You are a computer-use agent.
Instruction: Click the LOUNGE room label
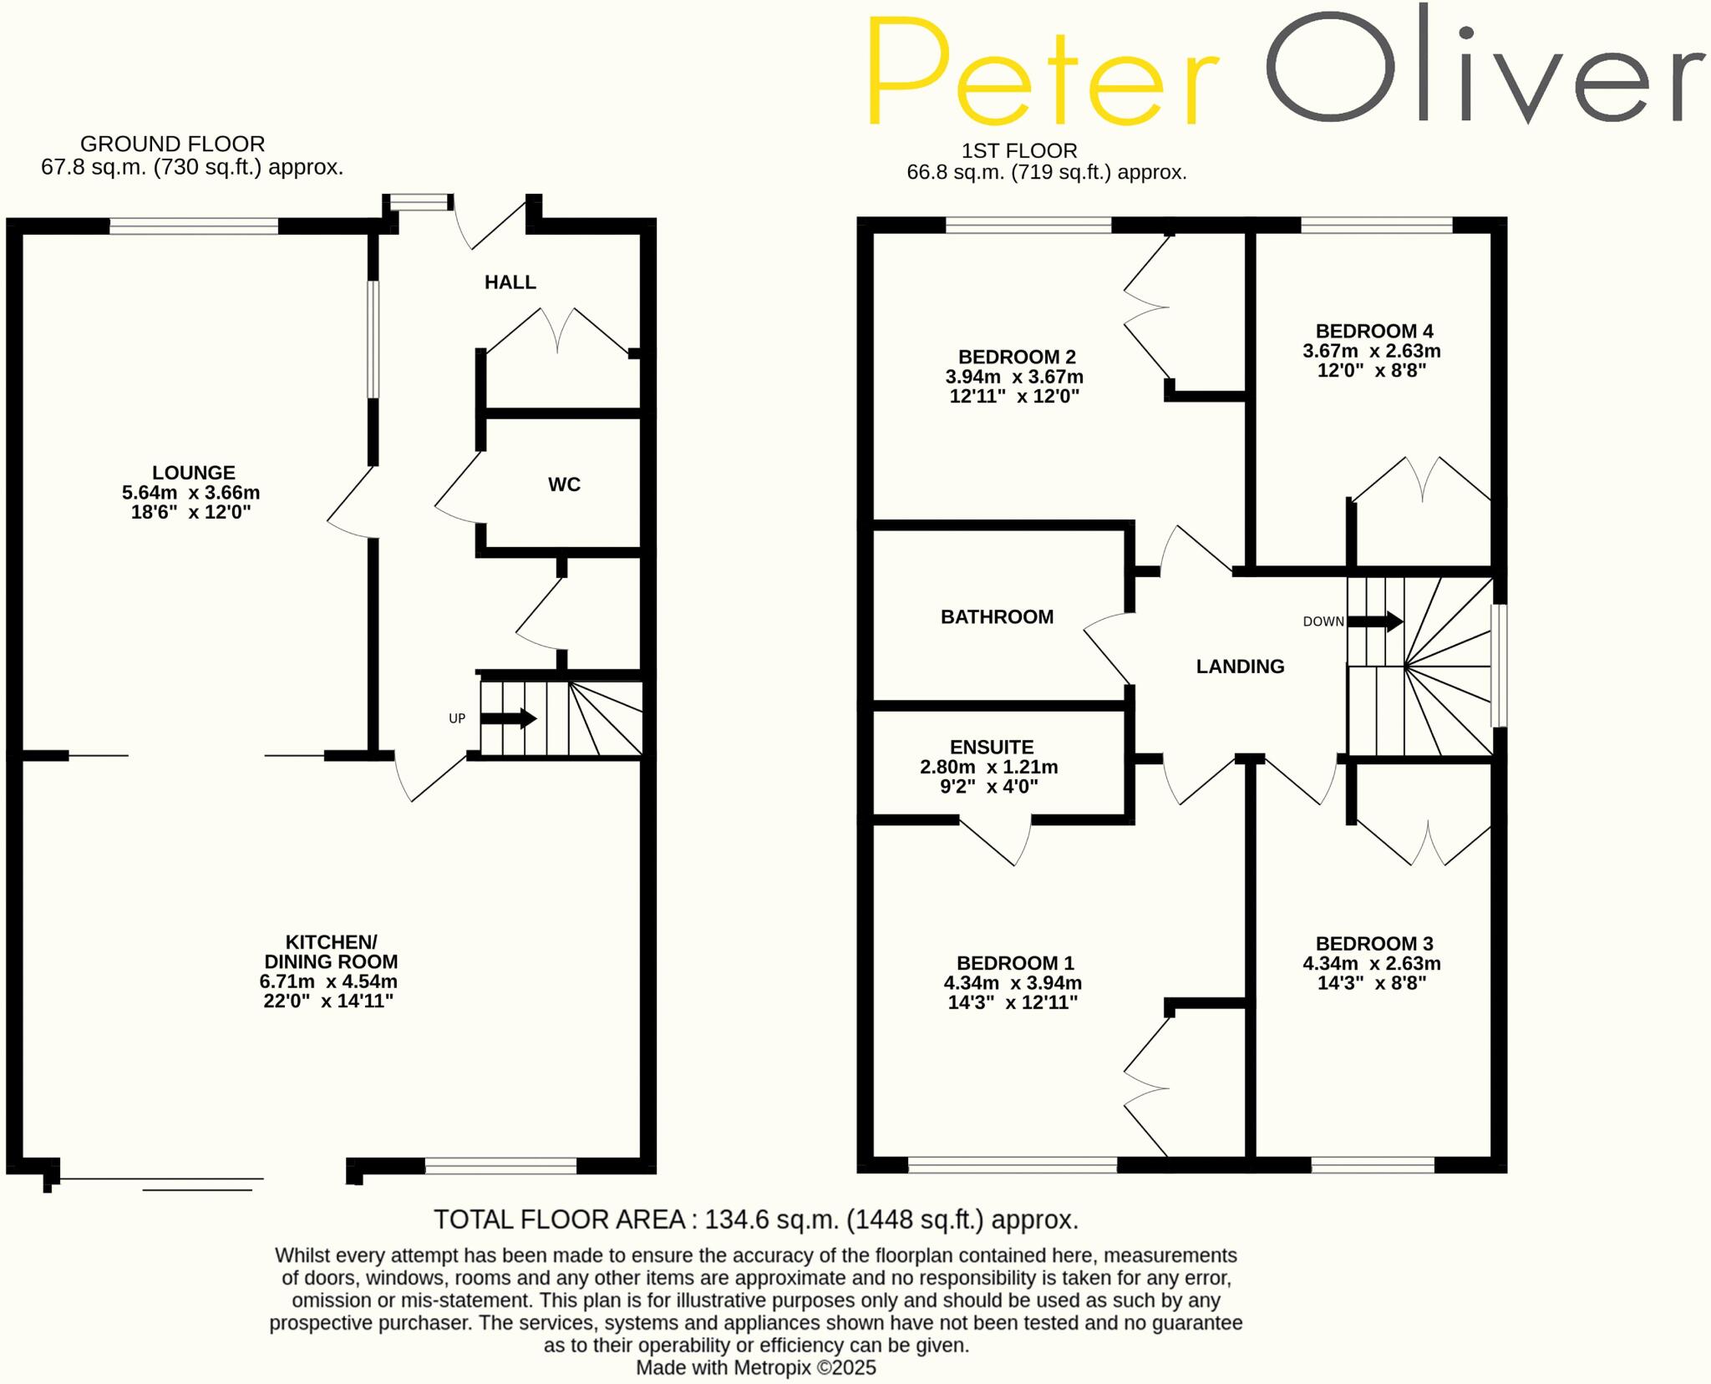[193, 473]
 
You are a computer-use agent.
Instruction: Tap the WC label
[564, 484]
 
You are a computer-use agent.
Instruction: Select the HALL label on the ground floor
[510, 282]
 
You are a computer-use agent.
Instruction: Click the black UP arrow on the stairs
[509, 717]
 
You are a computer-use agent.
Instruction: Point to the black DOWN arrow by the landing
[1375, 621]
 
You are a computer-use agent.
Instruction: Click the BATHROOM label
[997, 617]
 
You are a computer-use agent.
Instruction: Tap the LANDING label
[1240, 667]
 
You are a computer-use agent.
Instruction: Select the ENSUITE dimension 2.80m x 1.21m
[989, 767]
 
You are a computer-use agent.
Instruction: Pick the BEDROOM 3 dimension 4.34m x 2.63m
[1371, 963]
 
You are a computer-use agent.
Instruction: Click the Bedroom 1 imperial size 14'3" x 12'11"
[1013, 1002]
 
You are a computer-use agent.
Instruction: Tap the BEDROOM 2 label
[1016, 357]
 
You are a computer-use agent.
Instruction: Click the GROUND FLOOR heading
[172, 144]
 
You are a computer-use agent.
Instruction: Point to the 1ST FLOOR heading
[1018, 151]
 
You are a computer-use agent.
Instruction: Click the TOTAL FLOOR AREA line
[755, 1219]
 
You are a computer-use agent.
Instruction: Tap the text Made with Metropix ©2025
[755, 1367]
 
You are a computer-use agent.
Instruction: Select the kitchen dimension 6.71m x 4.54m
[328, 981]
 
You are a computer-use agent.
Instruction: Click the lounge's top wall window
[194, 226]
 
